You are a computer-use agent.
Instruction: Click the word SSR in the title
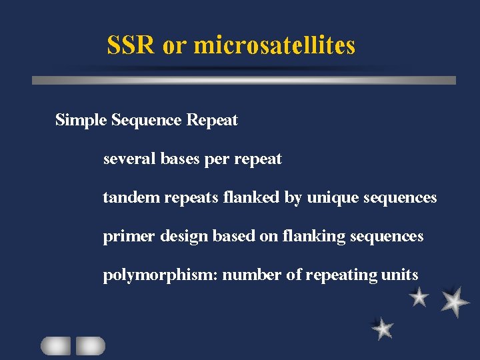132,45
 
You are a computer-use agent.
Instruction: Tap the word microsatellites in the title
274,45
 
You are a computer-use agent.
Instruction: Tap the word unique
332,199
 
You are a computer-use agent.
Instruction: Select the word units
399,275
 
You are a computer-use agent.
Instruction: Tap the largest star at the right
455,301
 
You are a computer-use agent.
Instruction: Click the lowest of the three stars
383,328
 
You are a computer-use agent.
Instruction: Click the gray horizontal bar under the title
244,80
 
